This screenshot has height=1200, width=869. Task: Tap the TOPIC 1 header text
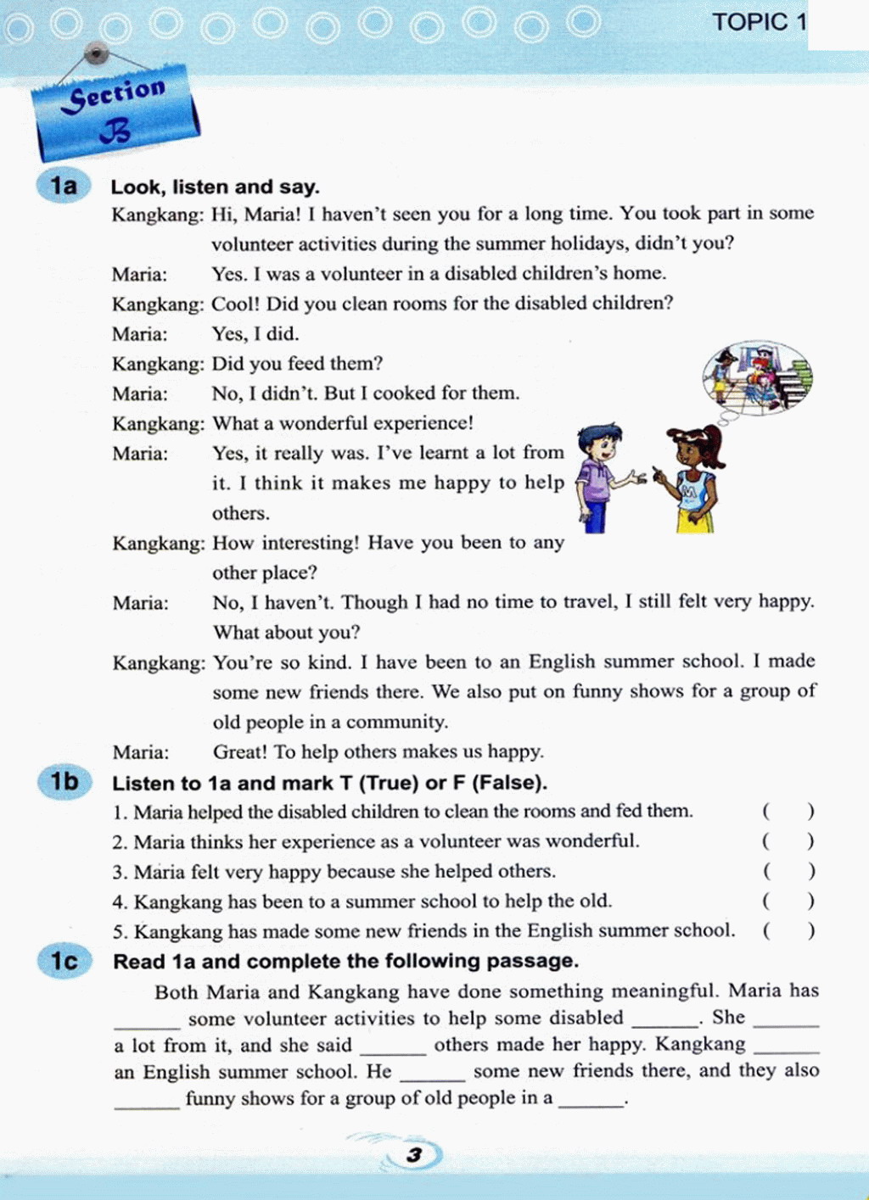[759, 22]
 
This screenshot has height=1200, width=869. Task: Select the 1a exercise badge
[64, 186]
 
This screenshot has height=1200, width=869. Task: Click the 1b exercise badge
[64, 781]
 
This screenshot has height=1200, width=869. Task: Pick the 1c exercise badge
[64, 961]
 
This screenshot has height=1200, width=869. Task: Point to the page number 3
[414, 1155]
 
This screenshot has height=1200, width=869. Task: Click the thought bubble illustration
[757, 378]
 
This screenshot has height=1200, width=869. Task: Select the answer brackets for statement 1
[788, 812]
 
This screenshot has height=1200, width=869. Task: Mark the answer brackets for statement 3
[788, 871]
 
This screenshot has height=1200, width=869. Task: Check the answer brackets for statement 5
[788, 931]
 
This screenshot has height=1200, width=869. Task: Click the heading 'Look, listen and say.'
[216, 187]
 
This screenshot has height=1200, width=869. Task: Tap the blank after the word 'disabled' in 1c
[664, 1020]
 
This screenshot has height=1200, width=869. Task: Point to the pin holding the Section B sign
[98, 54]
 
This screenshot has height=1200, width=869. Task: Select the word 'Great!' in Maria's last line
[239, 752]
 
